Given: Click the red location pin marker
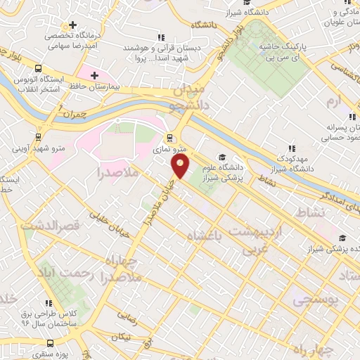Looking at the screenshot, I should point(181,166).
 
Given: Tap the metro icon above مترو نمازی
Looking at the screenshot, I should point(169,137).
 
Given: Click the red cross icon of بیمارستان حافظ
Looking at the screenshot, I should point(94,75).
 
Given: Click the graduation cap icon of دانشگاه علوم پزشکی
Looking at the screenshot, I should point(223,157).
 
